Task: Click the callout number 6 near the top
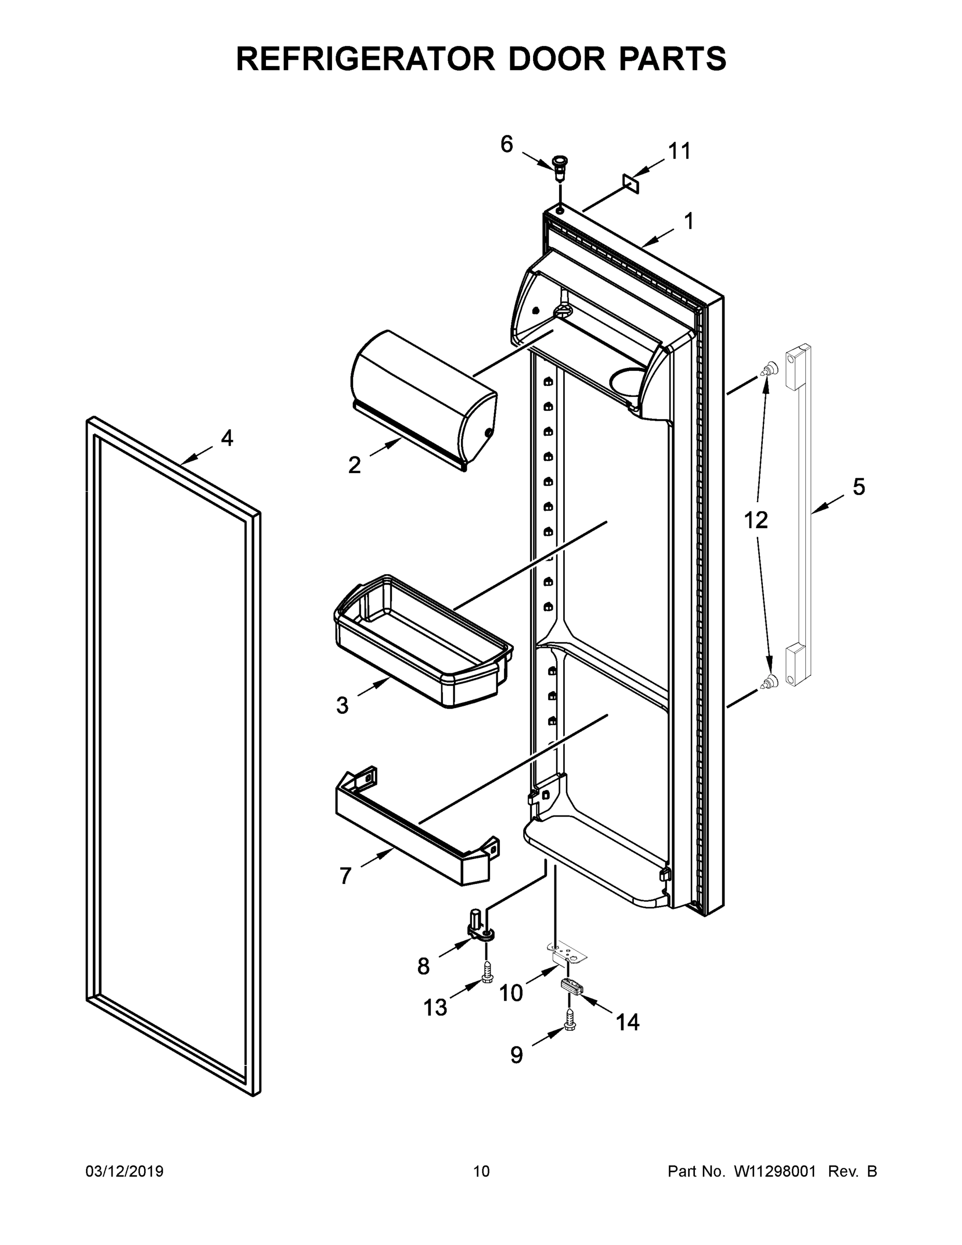[x=506, y=144]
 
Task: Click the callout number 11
[x=679, y=151]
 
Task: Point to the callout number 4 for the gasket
[x=227, y=438]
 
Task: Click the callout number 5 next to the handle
[x=858, y=487]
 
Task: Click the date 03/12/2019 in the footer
[x=124, y=1171]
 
